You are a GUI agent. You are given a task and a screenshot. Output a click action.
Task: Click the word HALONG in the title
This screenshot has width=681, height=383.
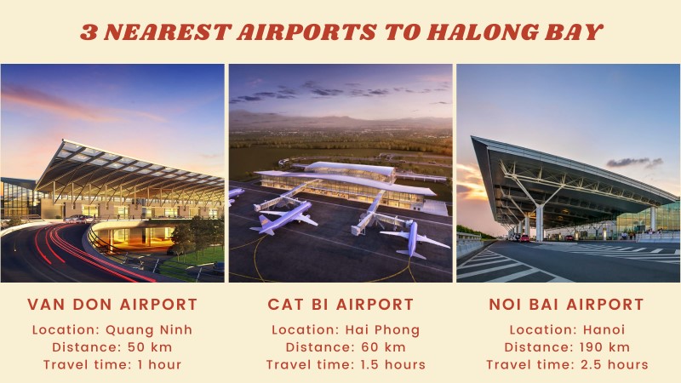coord(497,32)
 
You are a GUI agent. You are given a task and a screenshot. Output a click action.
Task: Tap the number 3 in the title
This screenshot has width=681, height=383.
coord(89,32)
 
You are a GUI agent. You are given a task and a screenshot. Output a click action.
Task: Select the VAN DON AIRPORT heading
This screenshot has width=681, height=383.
coord(112,304)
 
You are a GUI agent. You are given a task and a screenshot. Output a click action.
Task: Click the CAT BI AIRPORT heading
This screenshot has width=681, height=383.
coord(340,304)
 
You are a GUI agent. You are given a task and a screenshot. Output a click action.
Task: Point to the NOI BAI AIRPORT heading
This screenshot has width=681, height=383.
coord(567,304)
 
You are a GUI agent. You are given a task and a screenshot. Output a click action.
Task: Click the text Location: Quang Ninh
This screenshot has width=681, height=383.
coord(112,330)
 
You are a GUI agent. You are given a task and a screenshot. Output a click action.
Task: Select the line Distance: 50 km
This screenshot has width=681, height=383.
coord(112,347)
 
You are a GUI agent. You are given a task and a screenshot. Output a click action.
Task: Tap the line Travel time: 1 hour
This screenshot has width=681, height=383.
coord(112,364)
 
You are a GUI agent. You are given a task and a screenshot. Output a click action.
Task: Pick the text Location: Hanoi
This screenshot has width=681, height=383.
coord(567,330)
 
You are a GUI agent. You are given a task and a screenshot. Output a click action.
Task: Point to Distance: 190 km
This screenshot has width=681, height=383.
coord(567,347)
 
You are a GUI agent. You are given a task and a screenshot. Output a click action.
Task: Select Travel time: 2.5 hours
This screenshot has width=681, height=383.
coord(567,364)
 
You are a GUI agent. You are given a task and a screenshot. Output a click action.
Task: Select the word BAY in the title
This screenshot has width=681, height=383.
coord(576,32)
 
